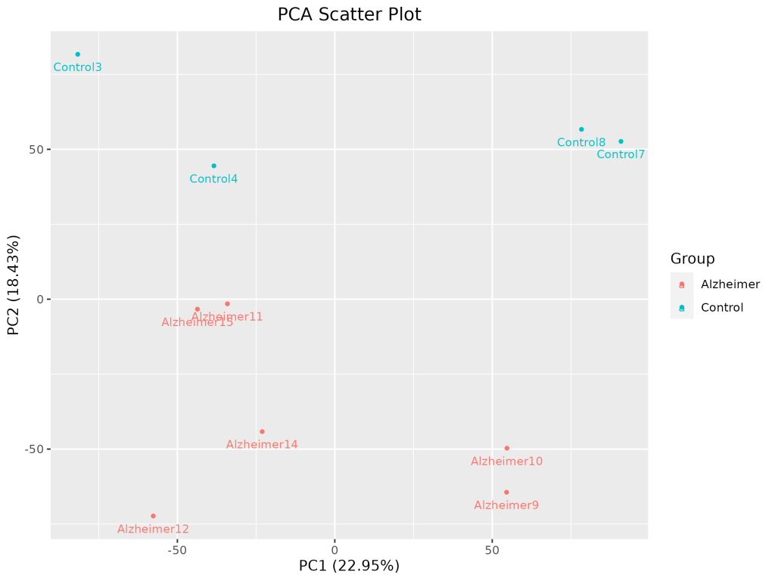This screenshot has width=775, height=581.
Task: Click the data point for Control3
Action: click(77, 54)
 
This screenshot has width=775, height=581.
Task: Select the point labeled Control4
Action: click(213, 166)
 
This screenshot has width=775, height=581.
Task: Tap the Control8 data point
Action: click(581, 129)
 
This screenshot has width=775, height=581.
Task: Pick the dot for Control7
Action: click(621, 141)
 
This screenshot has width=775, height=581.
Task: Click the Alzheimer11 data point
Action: click(227, 304)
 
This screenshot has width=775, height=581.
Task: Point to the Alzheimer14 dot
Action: click(262, 432)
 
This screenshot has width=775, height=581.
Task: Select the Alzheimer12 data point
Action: click(153, 516)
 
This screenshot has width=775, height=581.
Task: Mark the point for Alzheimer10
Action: click(507, 449)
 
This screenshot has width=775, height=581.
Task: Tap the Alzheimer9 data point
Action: click(506, 492)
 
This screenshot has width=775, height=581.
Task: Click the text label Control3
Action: click(77, 67)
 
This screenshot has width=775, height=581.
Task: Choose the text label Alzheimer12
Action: click(153, 530)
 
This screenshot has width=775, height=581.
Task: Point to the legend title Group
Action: click(693, 259)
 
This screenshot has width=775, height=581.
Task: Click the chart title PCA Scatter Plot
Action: click(349, 14)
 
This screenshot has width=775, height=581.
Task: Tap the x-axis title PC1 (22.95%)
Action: click(349, 566)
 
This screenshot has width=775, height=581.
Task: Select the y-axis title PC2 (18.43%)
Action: click(14, 284)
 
